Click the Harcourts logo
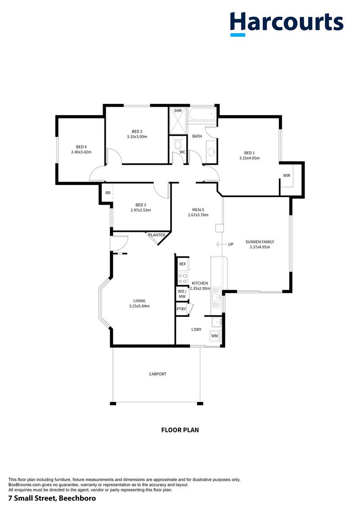[x=287, y=23]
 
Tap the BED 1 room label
[x=249, y=152]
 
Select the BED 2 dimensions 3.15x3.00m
[x=137, y=136]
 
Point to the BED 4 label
[x=81, y=147]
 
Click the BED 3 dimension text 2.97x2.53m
[x=140, y=210]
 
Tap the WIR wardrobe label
[x=287, y=176]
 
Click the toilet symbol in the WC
[x=178, y=144]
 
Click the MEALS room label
[x=198, y=209]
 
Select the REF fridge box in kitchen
[x=182, y=264]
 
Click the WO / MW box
[x=182, y=293]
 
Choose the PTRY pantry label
[x=181, y=309]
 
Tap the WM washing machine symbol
[x=215, y=336]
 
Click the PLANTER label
[x=157, y=235]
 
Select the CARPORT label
[x=157, y=374]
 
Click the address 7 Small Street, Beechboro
[x=52, y=499]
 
